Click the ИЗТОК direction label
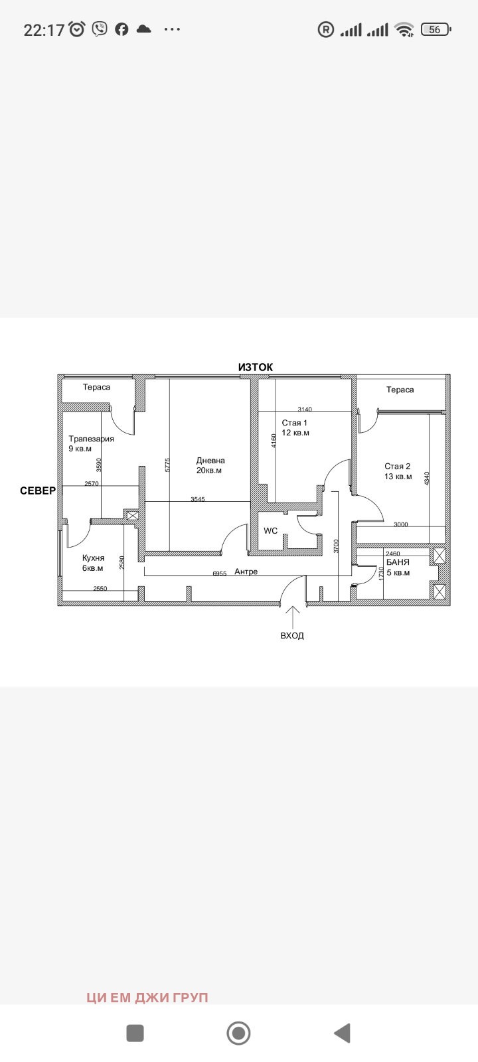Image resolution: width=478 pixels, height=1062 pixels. tap(256, 367)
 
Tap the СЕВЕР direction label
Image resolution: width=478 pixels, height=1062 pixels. tap(38, 491)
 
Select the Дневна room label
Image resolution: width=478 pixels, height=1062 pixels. tap(210, 461)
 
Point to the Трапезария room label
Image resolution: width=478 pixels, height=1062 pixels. tap(91, 439)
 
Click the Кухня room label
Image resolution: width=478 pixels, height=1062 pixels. tap(93, 558)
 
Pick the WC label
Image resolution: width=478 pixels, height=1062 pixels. tap(271, 530)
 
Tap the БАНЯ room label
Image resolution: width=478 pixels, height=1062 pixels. tap(398, 562)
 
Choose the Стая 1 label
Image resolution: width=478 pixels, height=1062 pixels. tap(295, 423)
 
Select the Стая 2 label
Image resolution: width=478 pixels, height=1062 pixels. tap(398, 467)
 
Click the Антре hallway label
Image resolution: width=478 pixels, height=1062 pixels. tap(246, 571)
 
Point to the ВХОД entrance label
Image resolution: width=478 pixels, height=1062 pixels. tap(292, 635)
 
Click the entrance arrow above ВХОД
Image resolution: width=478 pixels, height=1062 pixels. tap(293, 617)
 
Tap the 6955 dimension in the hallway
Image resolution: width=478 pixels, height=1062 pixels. tap(220, 573)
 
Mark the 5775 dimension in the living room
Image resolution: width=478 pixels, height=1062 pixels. tap(167, 465)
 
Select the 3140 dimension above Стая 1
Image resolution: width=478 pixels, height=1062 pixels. tap(305, 409)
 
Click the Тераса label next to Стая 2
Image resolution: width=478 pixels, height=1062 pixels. tap(400, 390)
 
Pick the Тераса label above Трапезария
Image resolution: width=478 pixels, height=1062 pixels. tap(96, 387)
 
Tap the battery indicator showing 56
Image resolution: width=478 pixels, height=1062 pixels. tap(436, 29)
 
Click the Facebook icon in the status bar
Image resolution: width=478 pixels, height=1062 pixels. tap(122, 29)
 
